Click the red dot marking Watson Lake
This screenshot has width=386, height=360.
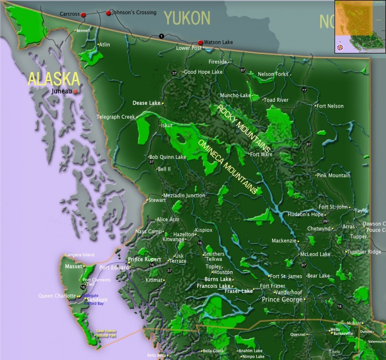[x=201, y=43]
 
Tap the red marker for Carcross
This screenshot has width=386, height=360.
[x=83, y=15]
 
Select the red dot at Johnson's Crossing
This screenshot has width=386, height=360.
[x=108, y=13]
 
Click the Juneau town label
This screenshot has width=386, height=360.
[x=62, y=92]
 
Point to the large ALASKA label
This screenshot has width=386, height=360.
[x=54, y=79]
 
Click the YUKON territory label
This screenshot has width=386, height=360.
[x=187, y=19]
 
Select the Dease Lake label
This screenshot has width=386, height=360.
[x=147, y=103]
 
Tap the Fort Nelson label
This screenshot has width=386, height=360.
[x=330, y=106]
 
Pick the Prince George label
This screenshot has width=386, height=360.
[x=282, y=299]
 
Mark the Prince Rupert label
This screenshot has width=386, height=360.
[x=145, y=260]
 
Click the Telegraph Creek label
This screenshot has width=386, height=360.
[x=115, y=117]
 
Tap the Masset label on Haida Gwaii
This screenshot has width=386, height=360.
[x=74, y=266]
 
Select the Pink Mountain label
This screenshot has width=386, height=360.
[x=334, y=175]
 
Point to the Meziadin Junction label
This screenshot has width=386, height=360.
[x=184, y=195]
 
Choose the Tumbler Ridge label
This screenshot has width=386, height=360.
[x=364, y=252]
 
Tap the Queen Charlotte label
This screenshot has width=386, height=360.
[x=57, y=296]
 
